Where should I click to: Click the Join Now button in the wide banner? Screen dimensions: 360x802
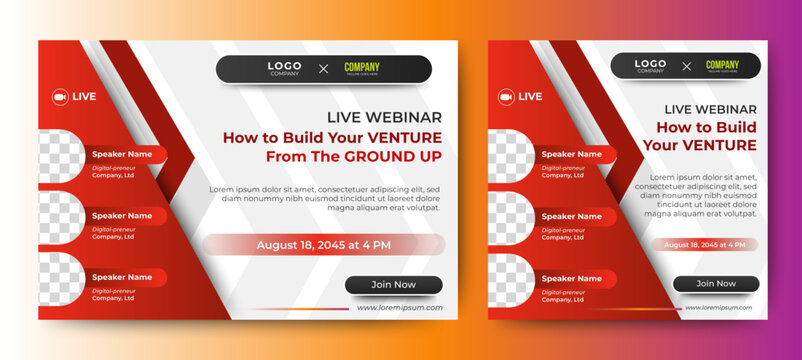pyautogui.click(x=393, y=285)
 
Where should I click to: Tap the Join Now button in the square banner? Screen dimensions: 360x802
pyautogui.click(x=715, y=283)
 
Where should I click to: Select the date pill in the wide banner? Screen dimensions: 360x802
pyautogui.click(x=323, y=245)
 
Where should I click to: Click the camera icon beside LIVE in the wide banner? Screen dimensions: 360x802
pyautogui.click(x=60, y=97)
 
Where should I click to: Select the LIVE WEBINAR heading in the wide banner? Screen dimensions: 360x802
pyautogui.click(x=384, y=117)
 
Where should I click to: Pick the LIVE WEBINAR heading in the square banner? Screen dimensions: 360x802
pyautogui.click(x=712, y=108)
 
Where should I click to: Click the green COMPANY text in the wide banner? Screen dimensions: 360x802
pyautogui.click(x=362, y=67)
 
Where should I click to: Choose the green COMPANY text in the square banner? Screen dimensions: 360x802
pyautogui.click(x=722, y=64)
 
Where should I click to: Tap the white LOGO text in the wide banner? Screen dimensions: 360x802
pyautogui.click(x=284, y=66)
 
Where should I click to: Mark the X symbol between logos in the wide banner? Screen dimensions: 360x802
pyautogui.click(x=323, y=69)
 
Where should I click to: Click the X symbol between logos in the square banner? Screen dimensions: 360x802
pyautogui.click(x=686, y=67)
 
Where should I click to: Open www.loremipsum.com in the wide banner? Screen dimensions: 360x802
pyautogui.click(x=399, y=308)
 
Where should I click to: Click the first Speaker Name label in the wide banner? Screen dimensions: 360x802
pyautogui.click(x=122, y=155)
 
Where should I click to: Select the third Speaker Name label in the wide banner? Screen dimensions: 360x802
pyautogui.click(x=122, y=277)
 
